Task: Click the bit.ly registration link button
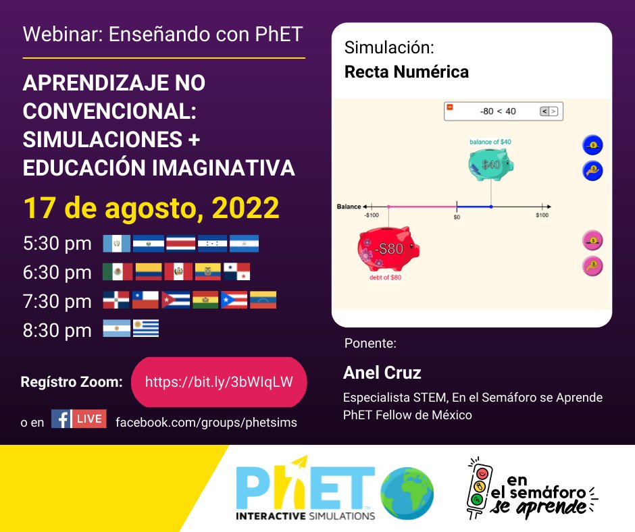219,381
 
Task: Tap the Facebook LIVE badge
79,419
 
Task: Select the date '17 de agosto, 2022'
151,208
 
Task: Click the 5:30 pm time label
57,244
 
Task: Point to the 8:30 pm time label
57,330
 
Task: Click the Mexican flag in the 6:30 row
118,272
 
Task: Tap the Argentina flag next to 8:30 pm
116,329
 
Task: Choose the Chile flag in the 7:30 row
145,300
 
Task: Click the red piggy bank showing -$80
388,249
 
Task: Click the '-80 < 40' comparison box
503,111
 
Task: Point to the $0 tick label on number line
457,217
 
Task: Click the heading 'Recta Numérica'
407,72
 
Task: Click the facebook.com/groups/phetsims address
206,422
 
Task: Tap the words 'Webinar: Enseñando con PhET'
163,35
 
